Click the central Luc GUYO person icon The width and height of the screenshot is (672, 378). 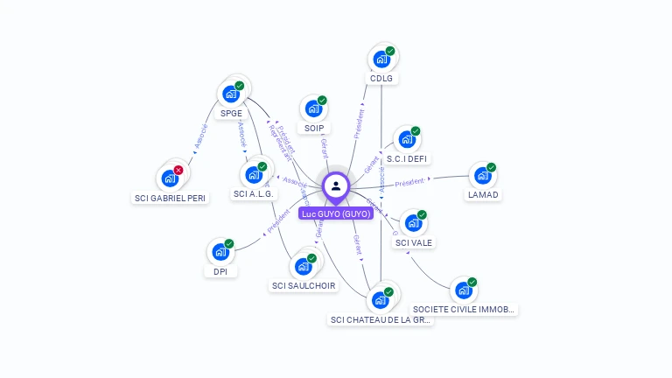pyautogui.click(x=336, y=185)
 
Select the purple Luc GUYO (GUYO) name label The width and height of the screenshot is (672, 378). pyautogui.click(x=336, y=213)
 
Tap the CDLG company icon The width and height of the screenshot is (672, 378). pyautogui.click(x=381, y=59)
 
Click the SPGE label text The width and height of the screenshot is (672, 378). pyautogui.click(x=231, y=113)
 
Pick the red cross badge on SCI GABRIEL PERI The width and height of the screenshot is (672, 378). pyautogui.click(x=178, y=170)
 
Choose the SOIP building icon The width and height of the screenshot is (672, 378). pyautogui.click(x=313, y=109)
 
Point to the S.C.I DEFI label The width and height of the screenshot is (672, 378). pyautogui.click(x=407, y=158)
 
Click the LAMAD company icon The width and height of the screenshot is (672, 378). pyautogui.click(x=482, y=175)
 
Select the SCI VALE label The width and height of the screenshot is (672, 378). pyautogui.click(x=413, y=242)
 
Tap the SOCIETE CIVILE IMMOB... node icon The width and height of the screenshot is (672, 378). pyautogui.click(x=463, y=290)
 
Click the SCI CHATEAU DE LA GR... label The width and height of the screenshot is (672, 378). pyautogui.click(x=381, y=319)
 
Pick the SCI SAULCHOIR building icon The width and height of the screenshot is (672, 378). pyautogui.click(x=303, y=266)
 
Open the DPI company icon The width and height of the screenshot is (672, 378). pyautogui.click(x=220, y=252)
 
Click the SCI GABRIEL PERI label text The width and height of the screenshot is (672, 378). pyautogui.click(x=171, y=198)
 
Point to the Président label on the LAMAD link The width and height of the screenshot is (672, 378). pyautogui.click(x=409, y=183)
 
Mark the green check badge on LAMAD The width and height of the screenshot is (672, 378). pyautogui.click(x=491, y=167)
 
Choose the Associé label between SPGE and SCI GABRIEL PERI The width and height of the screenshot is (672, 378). pyautogui.click(x=199, y=140)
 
